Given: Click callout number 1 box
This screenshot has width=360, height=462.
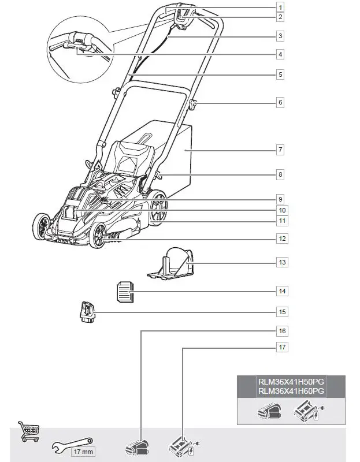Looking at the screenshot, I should pos(280,8).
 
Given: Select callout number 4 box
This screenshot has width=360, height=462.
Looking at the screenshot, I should pos(280,54).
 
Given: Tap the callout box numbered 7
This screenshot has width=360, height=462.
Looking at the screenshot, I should pos(280,150).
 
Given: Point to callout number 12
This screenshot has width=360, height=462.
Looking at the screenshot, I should pos(280,238).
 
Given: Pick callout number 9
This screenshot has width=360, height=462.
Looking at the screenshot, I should pos(280,199).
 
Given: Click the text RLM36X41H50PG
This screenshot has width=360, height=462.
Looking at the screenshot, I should pos(291,381).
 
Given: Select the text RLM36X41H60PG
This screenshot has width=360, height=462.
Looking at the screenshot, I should pos(291,391).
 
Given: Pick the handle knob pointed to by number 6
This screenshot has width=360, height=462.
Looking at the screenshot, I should pos(193,104).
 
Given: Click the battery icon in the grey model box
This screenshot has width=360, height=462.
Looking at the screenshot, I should pos(270,412).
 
